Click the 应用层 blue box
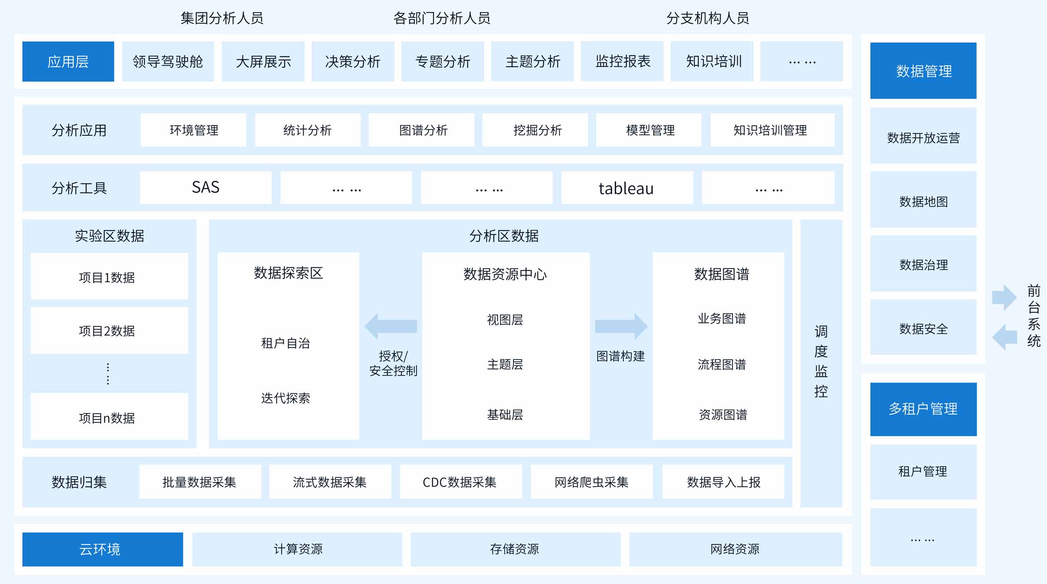pos(68,61)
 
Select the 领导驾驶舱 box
pos(168,61)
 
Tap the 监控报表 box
pos(622,61)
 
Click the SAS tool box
pos(205,187)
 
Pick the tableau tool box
pos(626,188)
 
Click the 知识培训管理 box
pos(771,130)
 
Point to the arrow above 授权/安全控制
pos(391,326)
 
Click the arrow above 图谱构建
pos(621,326)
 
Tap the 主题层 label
pos(505,364)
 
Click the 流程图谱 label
pos(722,364)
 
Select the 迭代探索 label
pos(286,398)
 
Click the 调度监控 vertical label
pos(821,362)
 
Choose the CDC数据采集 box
pos(460,482)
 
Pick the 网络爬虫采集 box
pos(591,482)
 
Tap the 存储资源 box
pos(515,549)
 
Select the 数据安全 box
pos(923,329)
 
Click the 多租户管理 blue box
pos(923,409)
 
